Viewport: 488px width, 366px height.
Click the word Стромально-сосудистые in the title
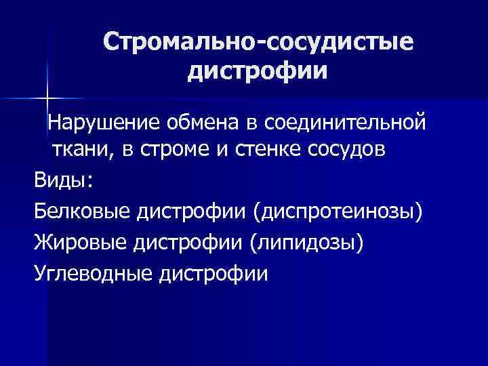258,42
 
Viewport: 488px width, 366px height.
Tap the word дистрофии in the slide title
258,70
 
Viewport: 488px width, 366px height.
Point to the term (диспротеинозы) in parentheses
338,213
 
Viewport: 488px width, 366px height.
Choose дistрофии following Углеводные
216,273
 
